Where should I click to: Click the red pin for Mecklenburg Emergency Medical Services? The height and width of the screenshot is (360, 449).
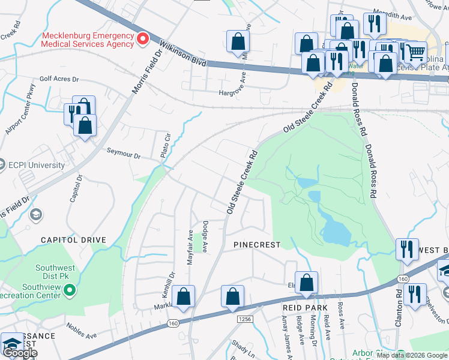coord(143,40)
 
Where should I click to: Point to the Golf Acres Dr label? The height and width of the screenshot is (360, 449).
coord(59,79)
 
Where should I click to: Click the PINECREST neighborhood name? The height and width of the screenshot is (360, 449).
coord(257,245)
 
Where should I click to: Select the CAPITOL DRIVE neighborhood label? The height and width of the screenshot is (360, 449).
coord(73,239)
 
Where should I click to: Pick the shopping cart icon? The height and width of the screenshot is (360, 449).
coord(414,52)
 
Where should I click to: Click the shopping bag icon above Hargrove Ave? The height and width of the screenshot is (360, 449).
coord(238,41)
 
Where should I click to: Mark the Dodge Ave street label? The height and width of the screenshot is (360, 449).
coord(205,237)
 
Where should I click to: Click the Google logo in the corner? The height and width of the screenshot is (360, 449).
coord(20,353)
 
